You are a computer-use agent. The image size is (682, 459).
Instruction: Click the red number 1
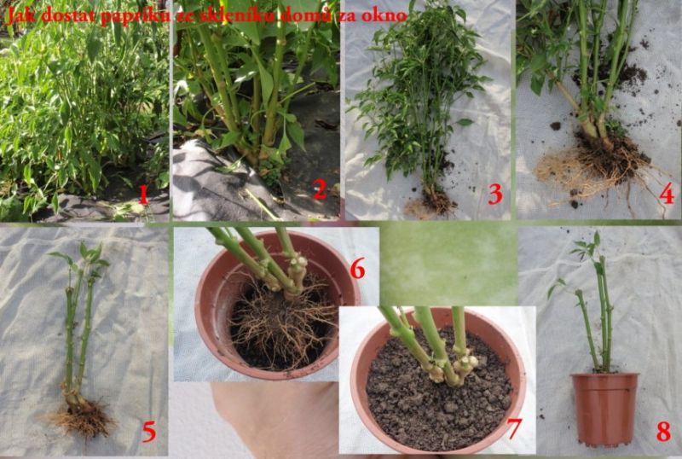pos(143,195)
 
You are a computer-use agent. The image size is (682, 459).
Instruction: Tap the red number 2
pos(320,189)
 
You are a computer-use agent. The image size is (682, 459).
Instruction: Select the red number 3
pos(495,194)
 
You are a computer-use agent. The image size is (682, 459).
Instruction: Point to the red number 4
pos(667,194)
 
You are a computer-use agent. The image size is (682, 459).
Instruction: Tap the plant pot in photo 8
pos(605,409)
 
